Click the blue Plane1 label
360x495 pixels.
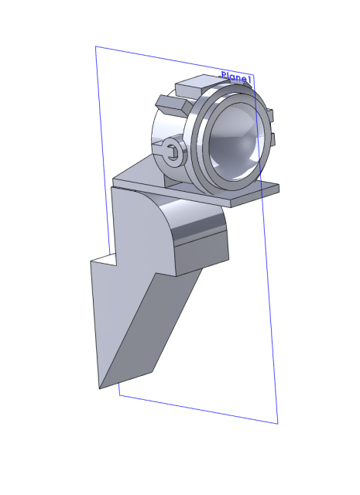[236, 77]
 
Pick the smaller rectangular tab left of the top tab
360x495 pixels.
[172, 105]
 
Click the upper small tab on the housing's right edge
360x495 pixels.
[270, 115]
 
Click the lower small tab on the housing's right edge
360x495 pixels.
[273, 139]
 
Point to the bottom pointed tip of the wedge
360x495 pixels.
[100, 388]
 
